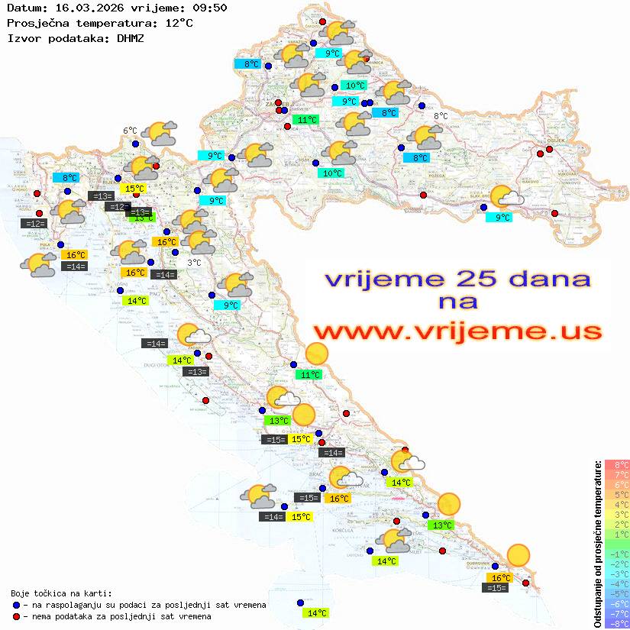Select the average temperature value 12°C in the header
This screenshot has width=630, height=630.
point(179,23)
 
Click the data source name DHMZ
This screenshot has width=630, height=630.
point(131,37)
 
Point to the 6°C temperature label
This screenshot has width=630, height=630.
point(130,131)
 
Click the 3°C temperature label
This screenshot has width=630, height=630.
point(194,262)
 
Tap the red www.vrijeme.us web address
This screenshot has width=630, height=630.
point(457,332)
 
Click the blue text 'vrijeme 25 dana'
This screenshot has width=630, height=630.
point(457,279)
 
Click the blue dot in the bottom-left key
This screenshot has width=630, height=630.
point(17,605)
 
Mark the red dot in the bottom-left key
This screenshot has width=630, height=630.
point(17,616)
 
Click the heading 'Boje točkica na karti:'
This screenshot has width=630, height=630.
point(61,593)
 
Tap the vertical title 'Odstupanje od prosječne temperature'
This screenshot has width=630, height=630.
point(598,544)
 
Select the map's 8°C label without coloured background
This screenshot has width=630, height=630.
point(441,116)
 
